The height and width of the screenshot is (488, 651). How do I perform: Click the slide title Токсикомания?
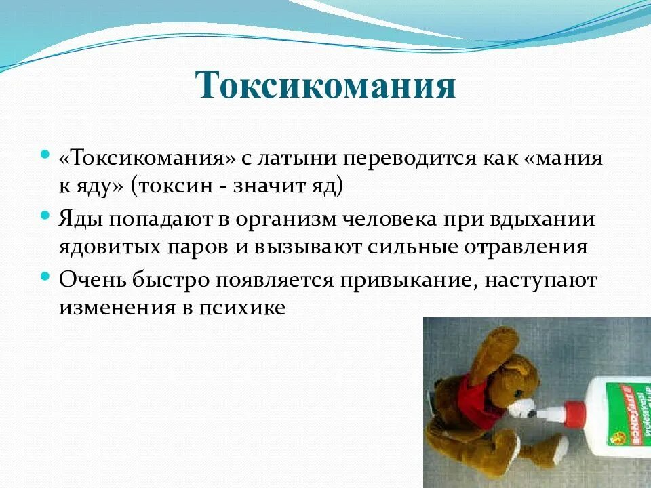tap(325, 87)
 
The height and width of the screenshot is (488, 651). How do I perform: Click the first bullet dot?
tap(45, 155)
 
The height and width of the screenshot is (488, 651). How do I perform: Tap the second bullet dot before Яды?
tap(45, 215)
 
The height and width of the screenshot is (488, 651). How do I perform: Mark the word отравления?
tap(528, 247)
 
